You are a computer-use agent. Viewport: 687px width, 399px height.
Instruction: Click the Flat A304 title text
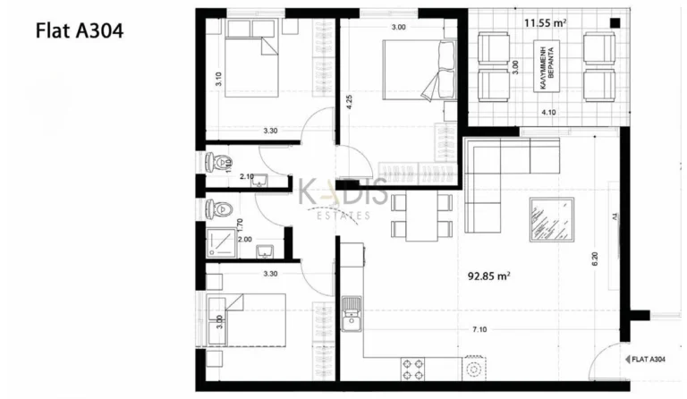79,30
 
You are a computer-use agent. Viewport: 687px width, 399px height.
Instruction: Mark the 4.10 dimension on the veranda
548,113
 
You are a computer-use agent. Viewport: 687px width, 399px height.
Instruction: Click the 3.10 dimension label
217,78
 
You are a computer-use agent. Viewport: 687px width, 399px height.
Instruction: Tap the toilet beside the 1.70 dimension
218,209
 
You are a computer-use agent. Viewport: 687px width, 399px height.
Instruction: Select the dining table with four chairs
422,215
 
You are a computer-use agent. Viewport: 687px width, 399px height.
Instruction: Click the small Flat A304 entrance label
643,360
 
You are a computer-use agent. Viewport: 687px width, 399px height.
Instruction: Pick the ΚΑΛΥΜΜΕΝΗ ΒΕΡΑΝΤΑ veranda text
548,64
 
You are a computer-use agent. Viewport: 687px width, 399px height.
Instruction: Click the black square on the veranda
614,21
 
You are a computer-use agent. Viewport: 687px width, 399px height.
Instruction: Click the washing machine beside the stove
475,368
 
